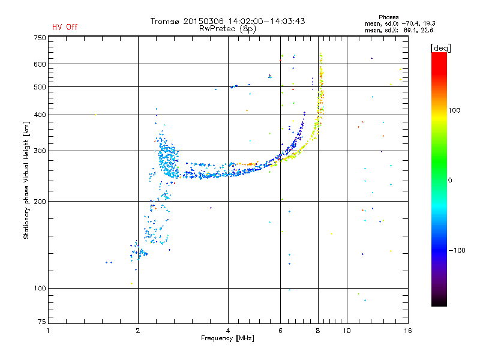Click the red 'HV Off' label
click(64, 27)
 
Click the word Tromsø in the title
click(165, 21)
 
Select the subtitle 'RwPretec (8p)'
click(227, 28)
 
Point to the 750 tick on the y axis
click(40, 38)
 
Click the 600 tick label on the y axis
click(40, 64)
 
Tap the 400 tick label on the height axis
click(40, 115)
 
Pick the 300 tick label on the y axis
click(40, 151)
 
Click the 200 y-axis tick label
click(40, 202)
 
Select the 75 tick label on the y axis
click(42, 323)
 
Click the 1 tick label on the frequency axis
click(48, 331)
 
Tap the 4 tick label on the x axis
click(228, 331)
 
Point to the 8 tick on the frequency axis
click(318, 331)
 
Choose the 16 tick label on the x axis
click(407, 331)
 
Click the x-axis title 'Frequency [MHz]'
click(227, 338)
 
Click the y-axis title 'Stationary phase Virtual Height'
click(26, 180)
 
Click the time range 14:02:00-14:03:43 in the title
click(264, 21)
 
